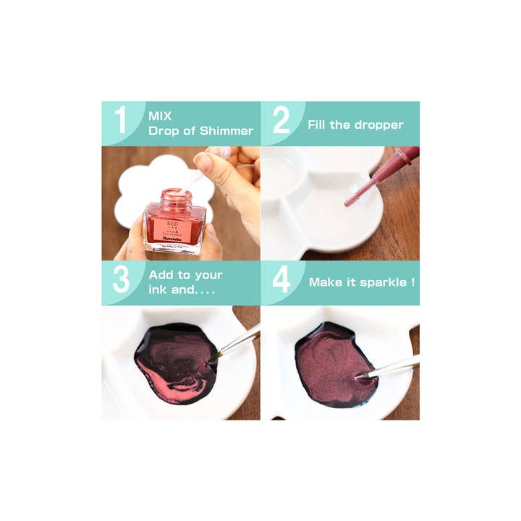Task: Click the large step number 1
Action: [x=121, y=120]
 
